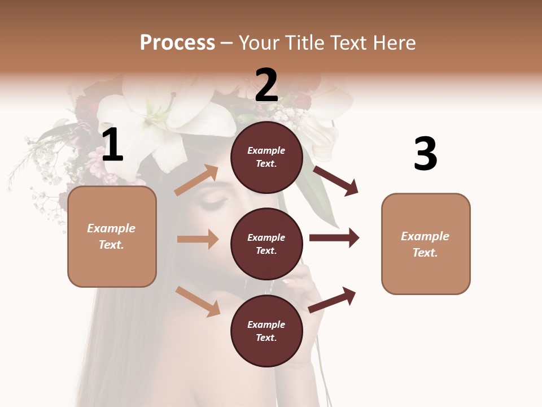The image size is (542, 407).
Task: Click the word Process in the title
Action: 177,43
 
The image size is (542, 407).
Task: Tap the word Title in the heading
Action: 303,43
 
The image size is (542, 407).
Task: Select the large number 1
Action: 112,145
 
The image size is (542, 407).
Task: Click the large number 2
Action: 266,85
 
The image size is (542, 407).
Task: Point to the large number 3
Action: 425,154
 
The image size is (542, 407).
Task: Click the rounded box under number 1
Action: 112,236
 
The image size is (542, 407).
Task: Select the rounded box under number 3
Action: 426,244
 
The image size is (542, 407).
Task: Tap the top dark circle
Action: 266,157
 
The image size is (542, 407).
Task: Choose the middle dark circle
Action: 266,244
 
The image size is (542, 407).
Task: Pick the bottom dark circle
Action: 266,331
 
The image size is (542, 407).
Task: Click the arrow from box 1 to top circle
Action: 196,180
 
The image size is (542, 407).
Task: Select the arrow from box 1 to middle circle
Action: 198,239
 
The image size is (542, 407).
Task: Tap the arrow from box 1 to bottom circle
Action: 198,301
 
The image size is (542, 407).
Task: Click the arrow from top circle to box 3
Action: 336,180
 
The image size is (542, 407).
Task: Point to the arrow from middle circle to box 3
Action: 334,238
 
